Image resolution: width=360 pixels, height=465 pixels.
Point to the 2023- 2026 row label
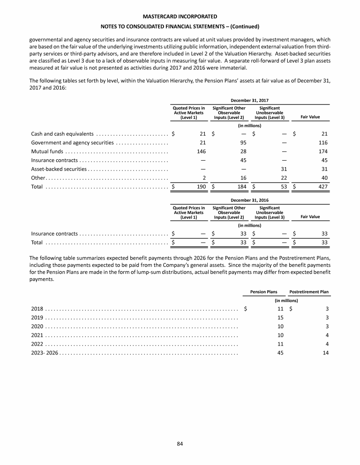[x=44, y=353]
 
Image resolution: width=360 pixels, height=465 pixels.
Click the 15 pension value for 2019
[x=281, y=317]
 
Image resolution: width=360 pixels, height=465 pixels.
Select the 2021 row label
[x=37, y=335]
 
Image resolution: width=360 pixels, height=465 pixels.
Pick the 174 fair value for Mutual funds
[x=322, y=151]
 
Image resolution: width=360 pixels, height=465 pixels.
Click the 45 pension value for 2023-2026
[x=281, y=353]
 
